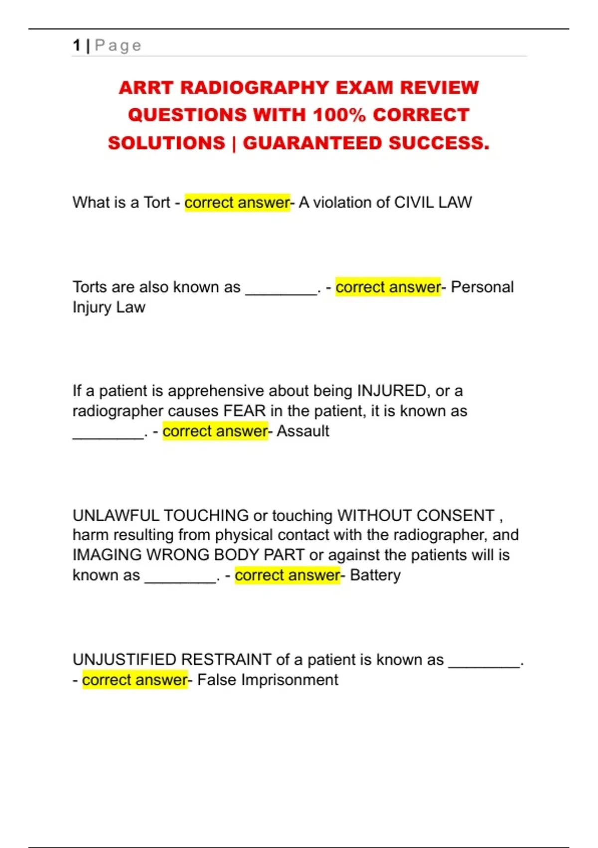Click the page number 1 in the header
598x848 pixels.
(x=76, y=45)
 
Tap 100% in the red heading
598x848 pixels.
(x=339, y=115)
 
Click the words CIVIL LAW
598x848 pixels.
(x=433, y=203)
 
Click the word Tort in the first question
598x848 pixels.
(x=156, y=203)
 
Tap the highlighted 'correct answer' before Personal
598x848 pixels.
(x=388, y=287)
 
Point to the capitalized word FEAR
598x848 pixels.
(x=244, y=411)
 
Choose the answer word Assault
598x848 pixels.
(x=302, y=431)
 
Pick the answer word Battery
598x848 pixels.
(x=375, y=575)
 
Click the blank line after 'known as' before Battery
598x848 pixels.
(x=180, y=579)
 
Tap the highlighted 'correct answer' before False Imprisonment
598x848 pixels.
(x=135, y=680)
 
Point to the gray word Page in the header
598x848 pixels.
(x=118, y=45)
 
